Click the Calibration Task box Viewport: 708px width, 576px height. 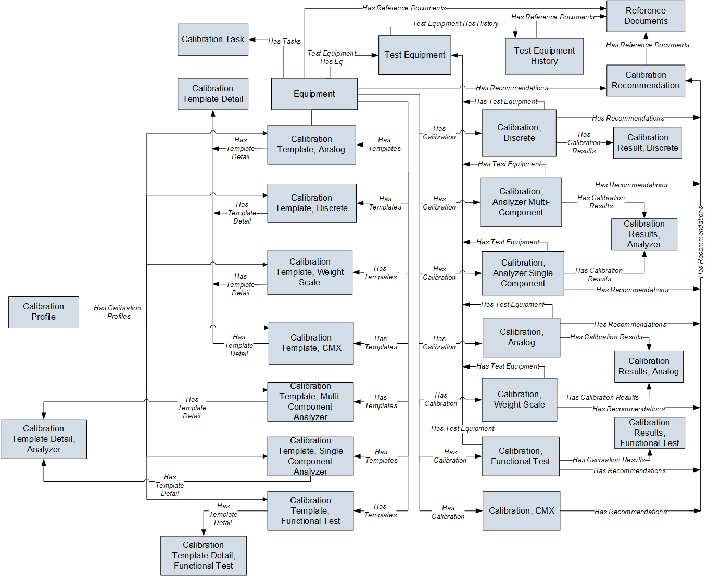click(x=212, y=40)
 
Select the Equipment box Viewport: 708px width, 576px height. click(x=314, y=94)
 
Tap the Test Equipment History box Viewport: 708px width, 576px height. click(x=544, y=56)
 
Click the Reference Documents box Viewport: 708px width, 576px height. click(x=646, y=16)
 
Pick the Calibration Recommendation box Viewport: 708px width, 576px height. click(x=645, y=81)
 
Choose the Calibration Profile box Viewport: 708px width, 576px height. click(x=43, y=312)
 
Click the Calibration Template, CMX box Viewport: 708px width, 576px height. click(x=311, y=343)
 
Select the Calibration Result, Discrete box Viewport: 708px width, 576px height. click(x=647, y=143)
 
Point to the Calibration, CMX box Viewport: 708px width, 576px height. click(x=521, y=511)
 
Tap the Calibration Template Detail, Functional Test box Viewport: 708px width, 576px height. click(x=203, y=556)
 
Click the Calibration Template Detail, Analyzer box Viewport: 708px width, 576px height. click(x=43, y=439)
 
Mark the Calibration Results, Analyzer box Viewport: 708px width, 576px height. click(x=644, y=234)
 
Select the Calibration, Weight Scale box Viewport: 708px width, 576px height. click(x=519, y=400)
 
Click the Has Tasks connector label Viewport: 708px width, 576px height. click(x=284, y=41)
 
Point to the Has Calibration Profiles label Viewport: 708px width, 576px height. click(x=118, y=312)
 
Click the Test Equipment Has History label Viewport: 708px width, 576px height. click(x=455, y=24)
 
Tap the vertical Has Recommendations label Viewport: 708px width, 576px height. click(x=700, y=242)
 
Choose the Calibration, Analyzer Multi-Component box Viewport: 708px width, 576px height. click(x=521, y=202)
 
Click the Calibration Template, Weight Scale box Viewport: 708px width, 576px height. click(x=310, y=272)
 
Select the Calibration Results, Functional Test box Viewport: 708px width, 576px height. click(x=649, y=433)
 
